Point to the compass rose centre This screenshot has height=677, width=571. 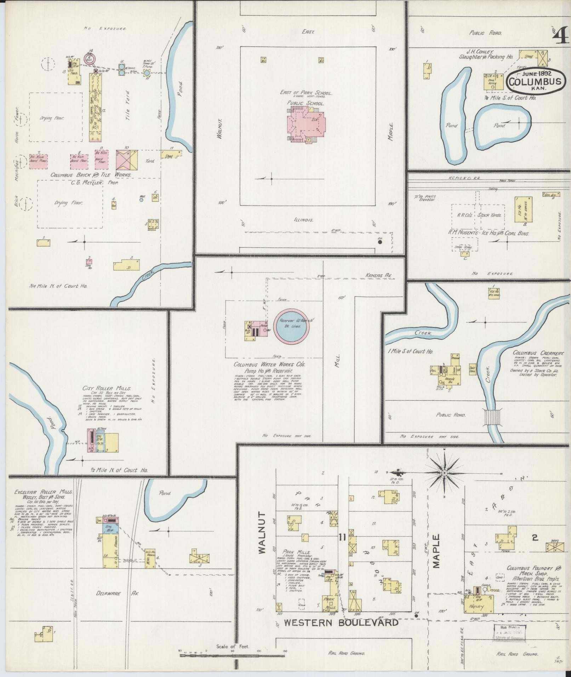coord(444,473)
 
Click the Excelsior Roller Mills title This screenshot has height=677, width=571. coord(44,492)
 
